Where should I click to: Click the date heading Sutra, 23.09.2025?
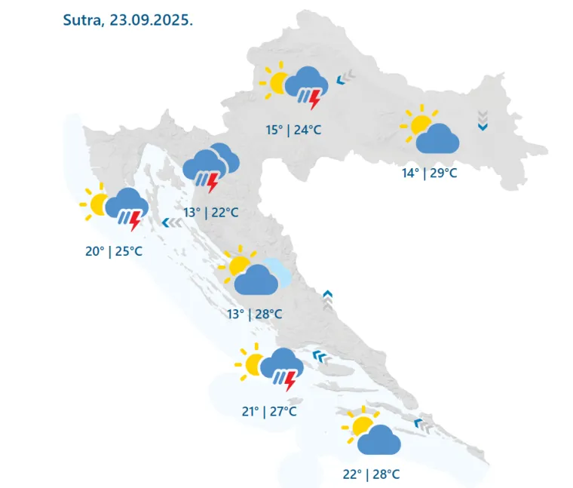128,20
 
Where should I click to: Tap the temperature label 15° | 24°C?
293,130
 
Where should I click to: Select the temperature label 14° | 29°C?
429,173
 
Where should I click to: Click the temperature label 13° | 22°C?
211,212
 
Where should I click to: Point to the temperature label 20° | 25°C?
113,250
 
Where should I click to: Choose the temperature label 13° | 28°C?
255,313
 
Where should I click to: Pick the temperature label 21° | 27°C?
269,411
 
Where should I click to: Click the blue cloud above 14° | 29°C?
438,140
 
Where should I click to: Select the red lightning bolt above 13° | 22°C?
213,183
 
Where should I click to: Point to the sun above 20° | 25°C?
98,203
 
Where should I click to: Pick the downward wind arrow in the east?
483,121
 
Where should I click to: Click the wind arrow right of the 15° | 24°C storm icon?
345,77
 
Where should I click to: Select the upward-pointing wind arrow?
327,299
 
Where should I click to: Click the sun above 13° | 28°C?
239,265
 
